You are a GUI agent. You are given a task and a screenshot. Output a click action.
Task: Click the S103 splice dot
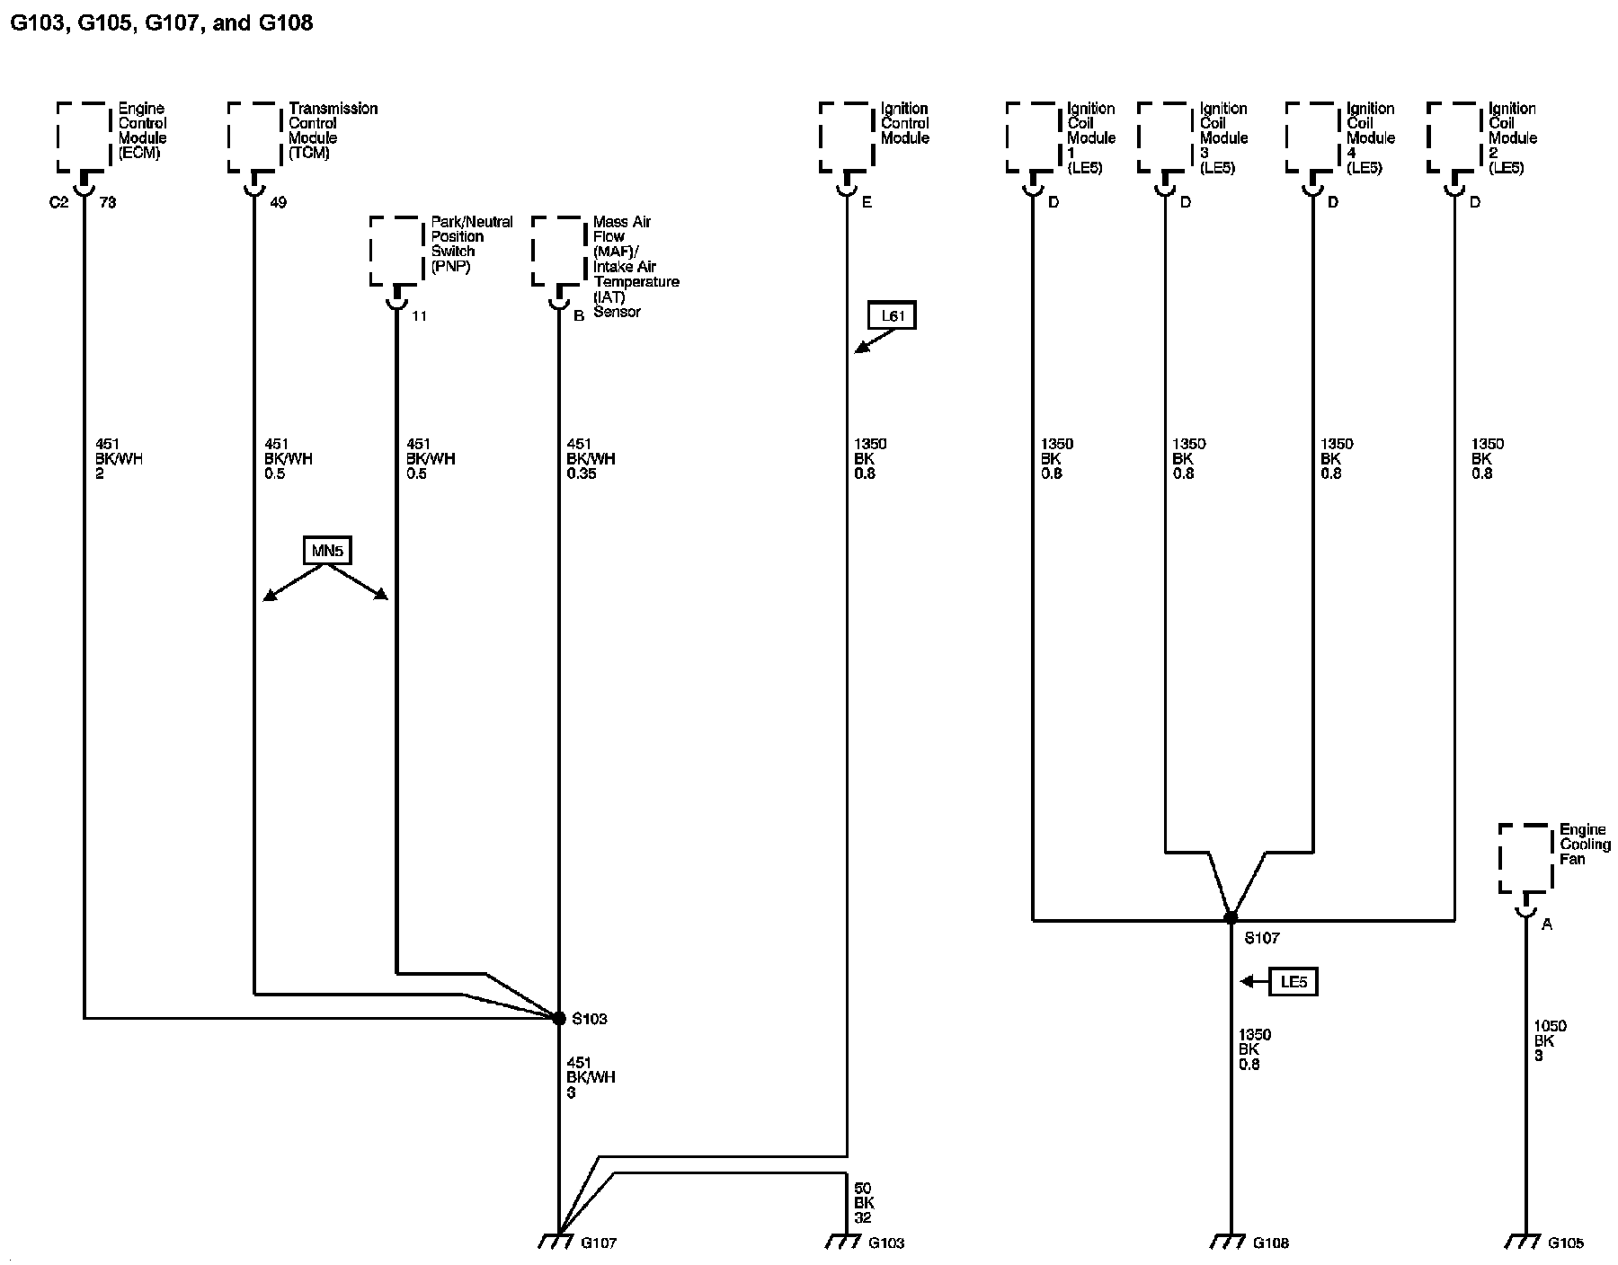559,1018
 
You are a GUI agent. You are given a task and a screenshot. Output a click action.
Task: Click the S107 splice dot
1231,918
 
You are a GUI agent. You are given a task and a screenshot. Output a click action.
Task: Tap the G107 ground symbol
557,1241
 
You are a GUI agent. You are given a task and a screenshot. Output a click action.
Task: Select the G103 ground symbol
845,1241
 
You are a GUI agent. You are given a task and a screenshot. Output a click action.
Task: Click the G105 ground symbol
1525,1241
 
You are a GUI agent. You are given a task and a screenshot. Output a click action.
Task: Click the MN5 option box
327,551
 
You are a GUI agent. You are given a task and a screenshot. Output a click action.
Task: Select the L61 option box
892,316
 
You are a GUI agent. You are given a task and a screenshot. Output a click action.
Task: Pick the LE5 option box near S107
1293,982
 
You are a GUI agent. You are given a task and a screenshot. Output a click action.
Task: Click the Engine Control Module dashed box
84,136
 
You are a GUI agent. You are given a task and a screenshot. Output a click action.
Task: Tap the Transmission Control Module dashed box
255,136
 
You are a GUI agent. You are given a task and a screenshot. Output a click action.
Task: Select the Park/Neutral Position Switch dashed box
396,251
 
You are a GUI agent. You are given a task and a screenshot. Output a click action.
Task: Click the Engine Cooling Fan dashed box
1525,859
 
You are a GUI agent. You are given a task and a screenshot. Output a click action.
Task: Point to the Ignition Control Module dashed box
846,136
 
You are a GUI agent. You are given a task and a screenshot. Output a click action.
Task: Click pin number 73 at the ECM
108,203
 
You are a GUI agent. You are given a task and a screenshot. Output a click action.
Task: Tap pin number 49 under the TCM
279,203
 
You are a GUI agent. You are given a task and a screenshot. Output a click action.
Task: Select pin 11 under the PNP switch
420,316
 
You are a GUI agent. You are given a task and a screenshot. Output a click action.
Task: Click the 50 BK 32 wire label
864,1203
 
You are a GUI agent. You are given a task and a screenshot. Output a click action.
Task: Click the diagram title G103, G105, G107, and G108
161,22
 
